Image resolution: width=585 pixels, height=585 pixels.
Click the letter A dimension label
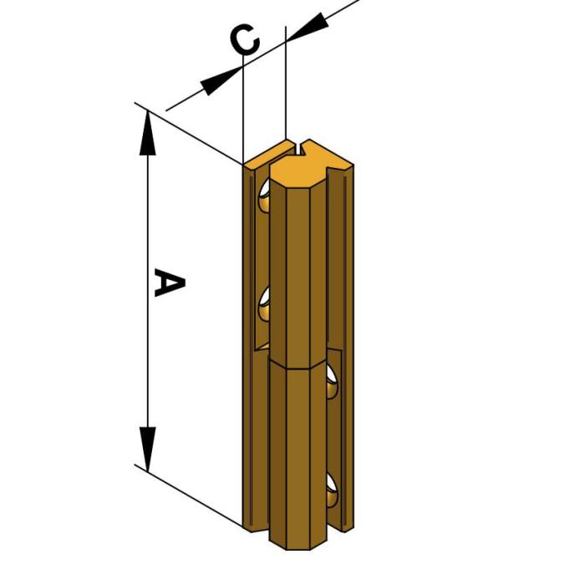click(168, 282)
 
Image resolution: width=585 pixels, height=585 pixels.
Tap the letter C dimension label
click(244, 39)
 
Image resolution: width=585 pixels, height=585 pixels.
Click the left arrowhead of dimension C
click(220, 79)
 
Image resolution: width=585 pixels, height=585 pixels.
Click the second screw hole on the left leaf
click(265, 302)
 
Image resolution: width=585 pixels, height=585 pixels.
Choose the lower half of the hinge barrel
click(299, 455)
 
